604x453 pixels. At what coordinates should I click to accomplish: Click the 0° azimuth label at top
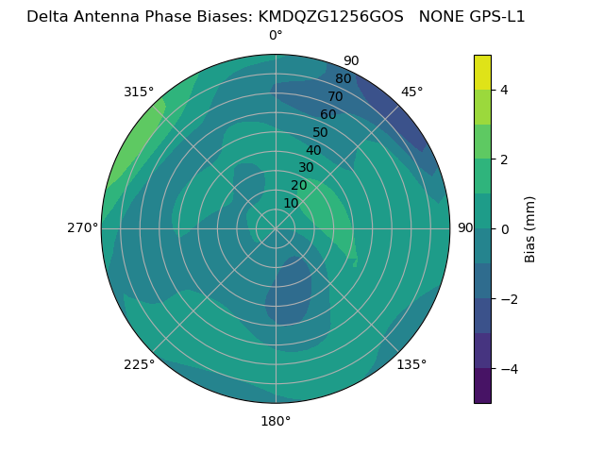coord(276,36)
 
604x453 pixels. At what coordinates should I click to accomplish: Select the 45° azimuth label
coord(412,92)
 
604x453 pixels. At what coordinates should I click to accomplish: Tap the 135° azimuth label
coord(411,364)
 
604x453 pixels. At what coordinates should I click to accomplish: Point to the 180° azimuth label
coord(276,421)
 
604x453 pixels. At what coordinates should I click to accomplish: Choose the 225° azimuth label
coord(139,364)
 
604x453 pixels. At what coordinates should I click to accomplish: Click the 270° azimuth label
coord(82,228)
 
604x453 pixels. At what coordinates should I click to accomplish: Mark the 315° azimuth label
coord(139,92)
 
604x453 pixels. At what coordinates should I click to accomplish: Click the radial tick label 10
coord(291,204)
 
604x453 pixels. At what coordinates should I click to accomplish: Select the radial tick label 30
coord(306,168)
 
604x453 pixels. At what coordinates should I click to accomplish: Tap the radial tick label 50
coord(321,133)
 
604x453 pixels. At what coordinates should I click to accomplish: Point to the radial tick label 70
coord(335,97)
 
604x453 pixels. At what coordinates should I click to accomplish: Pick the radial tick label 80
coord(343,79)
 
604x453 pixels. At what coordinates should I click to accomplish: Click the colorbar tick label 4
coord(504,90)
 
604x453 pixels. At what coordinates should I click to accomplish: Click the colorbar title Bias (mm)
coord(530,229)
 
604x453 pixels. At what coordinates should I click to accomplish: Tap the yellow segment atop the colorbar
coord(482,73)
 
